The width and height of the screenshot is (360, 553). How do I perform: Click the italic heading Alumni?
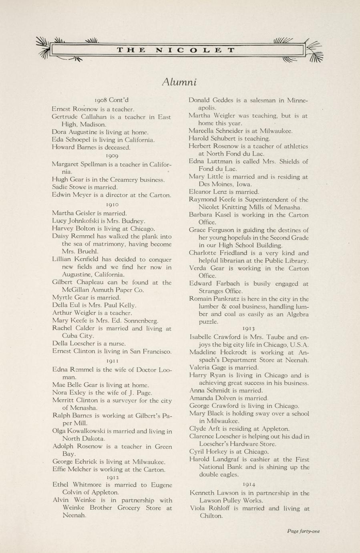point(179,82)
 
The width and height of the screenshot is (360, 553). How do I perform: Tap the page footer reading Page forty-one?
point(303,531)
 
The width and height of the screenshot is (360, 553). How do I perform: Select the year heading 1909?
point(112,155)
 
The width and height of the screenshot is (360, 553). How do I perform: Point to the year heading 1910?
point(112,204)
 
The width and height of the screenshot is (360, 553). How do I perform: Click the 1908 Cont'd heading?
point(112,100)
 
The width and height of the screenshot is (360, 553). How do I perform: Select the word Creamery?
point(111,180)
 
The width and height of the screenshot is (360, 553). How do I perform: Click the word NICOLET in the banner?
point(195,50)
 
